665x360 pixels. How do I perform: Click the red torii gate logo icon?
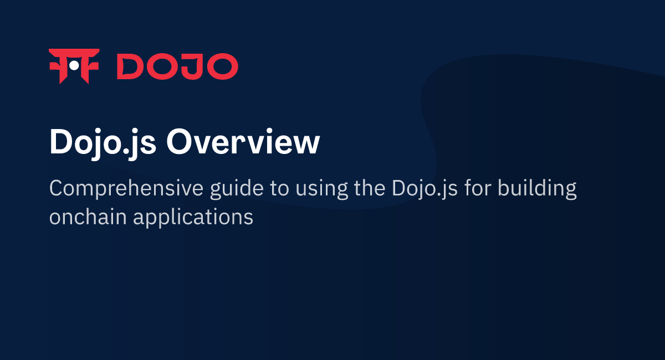(74, 66)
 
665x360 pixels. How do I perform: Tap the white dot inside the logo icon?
(74, 66)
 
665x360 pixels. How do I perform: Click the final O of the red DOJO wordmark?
(221, 66)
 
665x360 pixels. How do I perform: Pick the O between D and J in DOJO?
(161, 66)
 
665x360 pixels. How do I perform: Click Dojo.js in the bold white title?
(102, 142)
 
